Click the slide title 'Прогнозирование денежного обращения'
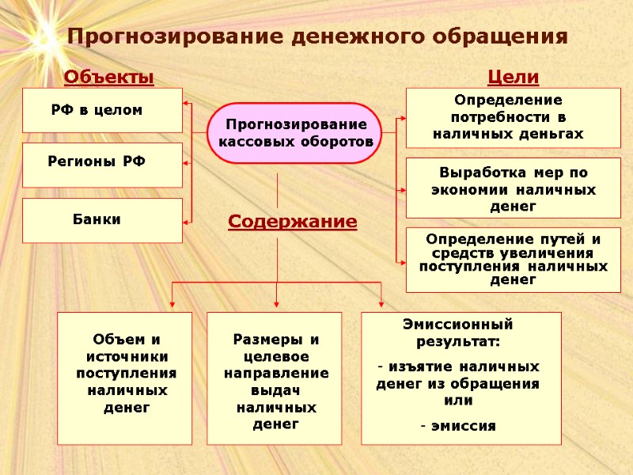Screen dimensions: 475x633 (x=317, y=37)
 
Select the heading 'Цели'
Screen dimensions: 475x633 (x=513, y=77)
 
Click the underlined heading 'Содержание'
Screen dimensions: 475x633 (x=293, y=222)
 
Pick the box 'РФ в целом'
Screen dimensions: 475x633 (x=102, y=110)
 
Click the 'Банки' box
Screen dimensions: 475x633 (x=102, y=220)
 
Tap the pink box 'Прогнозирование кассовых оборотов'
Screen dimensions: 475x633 (x=295, y=133)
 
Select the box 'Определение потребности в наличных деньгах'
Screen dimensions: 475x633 (x=513, y=117)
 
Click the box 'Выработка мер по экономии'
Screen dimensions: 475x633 (x=513, y=188)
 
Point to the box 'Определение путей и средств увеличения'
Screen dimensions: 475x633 (x=513, y=260)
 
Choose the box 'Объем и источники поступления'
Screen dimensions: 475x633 (x=125, y=377)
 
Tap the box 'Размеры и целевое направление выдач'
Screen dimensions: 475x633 (x=274, y=377)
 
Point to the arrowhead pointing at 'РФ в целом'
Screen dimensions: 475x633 (x=187, y=103)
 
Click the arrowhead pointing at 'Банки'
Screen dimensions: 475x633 (x=187, y=222)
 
